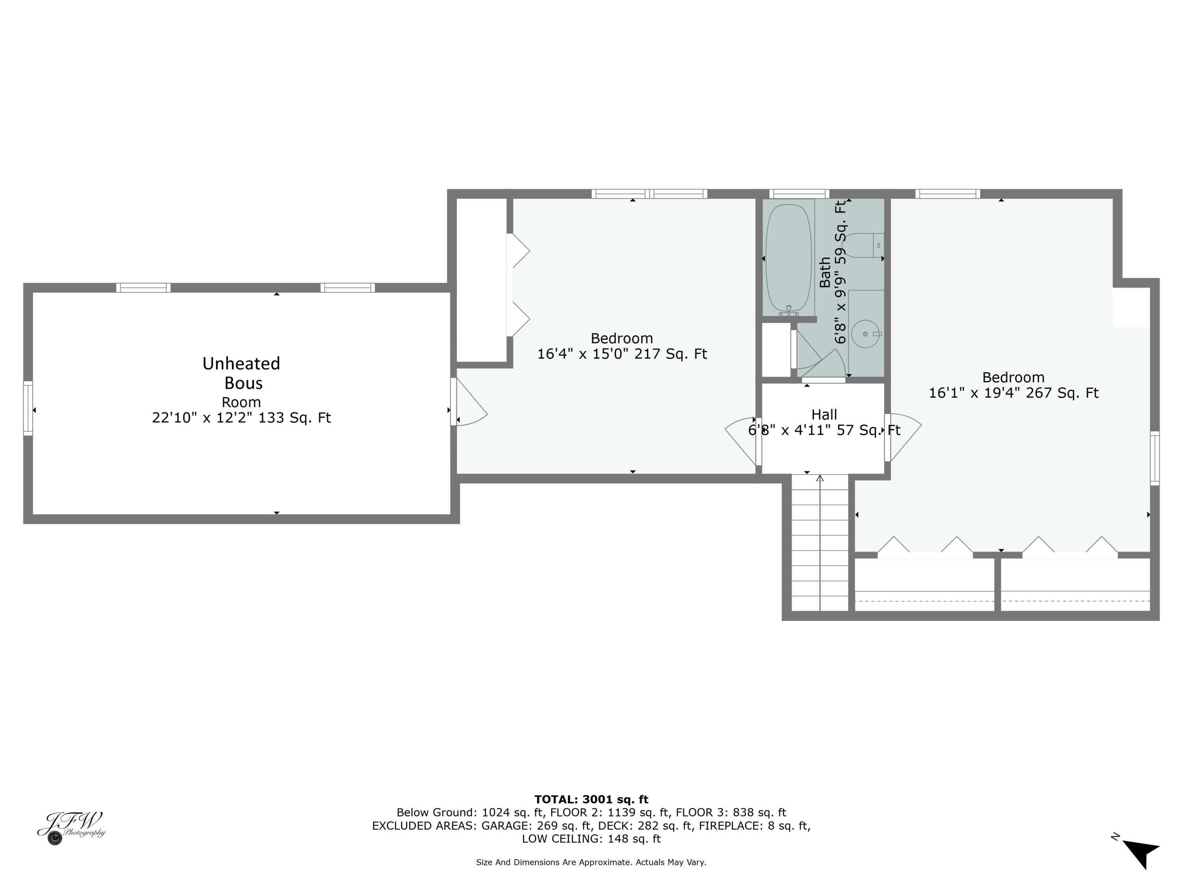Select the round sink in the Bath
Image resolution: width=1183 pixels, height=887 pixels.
click(865, 334)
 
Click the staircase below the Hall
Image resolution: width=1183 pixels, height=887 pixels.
click(819, 543)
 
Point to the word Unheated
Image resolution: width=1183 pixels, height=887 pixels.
click(241, 363)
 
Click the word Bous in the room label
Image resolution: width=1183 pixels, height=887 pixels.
click(243, 383)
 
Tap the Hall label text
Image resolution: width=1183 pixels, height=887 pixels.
click(824, 414)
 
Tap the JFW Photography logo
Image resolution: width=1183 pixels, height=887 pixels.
click(71, 827)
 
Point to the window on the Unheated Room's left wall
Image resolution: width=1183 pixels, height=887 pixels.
click(28, 408)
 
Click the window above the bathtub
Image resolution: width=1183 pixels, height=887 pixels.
click(799, 194)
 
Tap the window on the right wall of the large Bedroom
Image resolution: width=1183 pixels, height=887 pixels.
click(1154, 458)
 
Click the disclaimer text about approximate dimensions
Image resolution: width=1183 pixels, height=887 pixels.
click(591, 862)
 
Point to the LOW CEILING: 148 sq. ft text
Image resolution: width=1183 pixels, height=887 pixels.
click(591, 839)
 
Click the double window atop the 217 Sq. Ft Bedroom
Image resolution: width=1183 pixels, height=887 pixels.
click(649, 194)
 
